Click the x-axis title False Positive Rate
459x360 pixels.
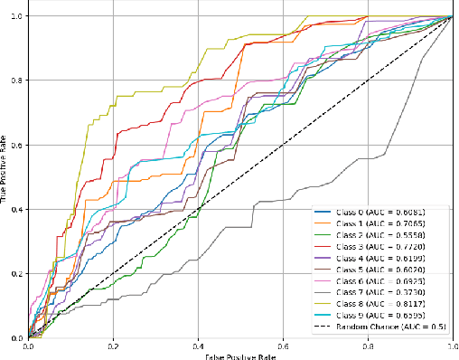239,355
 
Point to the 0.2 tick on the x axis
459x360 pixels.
113,346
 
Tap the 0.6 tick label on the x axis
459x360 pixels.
282,346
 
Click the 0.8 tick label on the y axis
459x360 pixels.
15,81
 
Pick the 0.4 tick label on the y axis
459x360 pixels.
15,210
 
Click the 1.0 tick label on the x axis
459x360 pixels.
451,346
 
